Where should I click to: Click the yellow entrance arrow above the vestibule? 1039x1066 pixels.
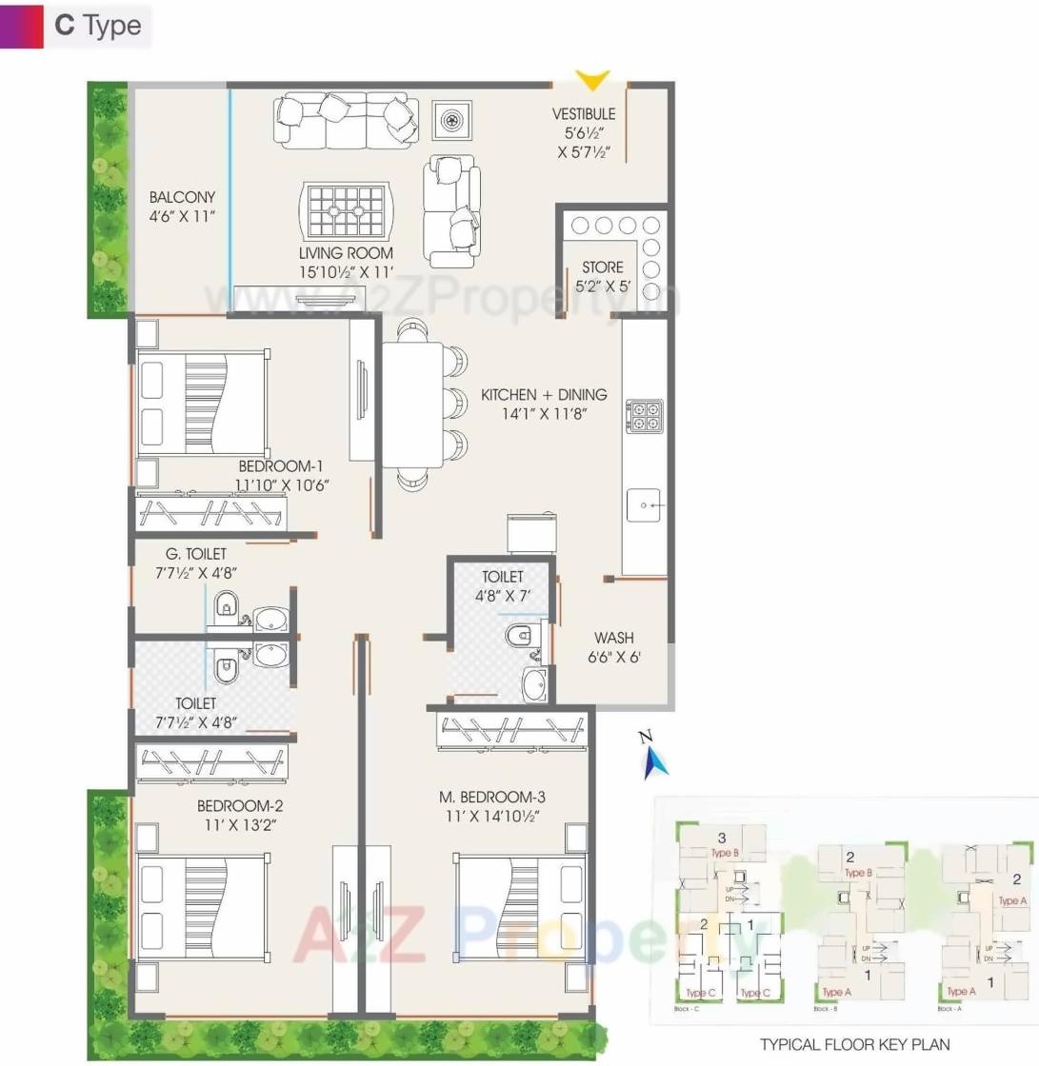[x=592, y=81]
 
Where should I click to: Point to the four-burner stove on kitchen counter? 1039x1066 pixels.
[x=645, y=417]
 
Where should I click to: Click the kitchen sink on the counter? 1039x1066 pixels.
[x=644, y=504]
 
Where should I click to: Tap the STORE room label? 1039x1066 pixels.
[x=602, y=267]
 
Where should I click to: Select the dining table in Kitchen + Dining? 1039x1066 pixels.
[x=412, y=405]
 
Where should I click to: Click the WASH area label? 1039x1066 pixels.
[x=614, y=638]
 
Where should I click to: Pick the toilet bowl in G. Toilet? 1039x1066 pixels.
[x=226, y=603]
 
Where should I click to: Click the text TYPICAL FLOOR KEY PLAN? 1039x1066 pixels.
[x=854, y=1044]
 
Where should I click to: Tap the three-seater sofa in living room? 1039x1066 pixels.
[x=346, y=120]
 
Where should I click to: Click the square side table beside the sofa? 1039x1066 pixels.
[x=450, y=120]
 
